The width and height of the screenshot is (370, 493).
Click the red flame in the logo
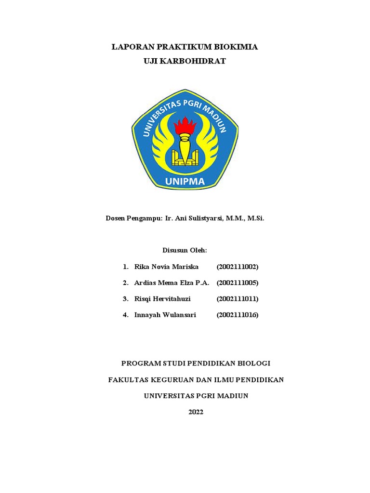[x=185, y=126]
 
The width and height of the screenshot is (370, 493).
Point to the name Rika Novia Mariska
[x=166, y=267]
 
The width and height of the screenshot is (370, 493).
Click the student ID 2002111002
[x=238, y=267]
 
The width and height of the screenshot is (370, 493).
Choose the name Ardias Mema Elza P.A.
[x=172, y=283]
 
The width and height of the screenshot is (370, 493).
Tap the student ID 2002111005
[x=238, y=283]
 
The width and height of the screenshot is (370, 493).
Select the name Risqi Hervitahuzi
[x=162, y=299]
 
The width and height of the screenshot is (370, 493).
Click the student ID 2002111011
[x=238, y=299]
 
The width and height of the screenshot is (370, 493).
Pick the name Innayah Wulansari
[x=165, y=315]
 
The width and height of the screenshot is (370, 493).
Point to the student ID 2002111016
[x=238, y=315]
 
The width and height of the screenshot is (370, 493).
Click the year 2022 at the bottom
[x=196, y=412]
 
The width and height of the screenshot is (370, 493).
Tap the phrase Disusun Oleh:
[x=185, y=250]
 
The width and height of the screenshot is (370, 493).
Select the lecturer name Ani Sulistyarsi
[x=198, y=219]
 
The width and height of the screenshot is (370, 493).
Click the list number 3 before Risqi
[x=125, y=299]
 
